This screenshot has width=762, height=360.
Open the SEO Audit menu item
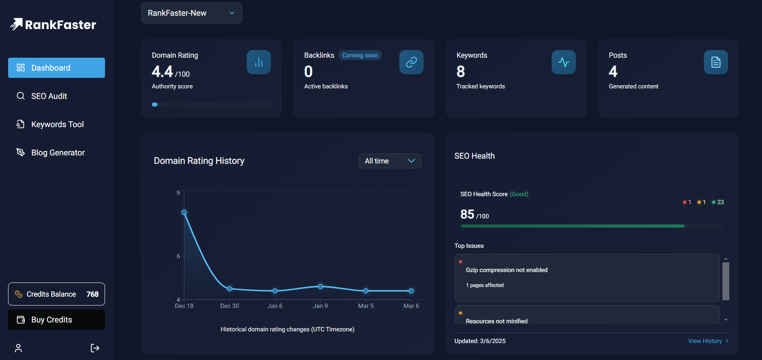coord(49,96)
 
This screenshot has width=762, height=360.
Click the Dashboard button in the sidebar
coord(57,68)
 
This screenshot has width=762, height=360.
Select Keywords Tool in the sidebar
coord(57,124)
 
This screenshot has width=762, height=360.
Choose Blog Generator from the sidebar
coord(58,153)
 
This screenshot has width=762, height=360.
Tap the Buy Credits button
coord(57,320)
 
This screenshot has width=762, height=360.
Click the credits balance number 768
coord(92,294)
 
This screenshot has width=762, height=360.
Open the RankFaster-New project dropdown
coord(191,13)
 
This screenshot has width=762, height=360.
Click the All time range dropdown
coord(390,161)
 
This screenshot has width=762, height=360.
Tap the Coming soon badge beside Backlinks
coord(360,55)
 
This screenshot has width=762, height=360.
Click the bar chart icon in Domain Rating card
coord(259,62)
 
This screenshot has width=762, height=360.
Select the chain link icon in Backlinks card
coord(411,62)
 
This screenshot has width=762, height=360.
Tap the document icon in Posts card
coord(716,62)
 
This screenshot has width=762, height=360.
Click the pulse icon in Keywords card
coord(563,62)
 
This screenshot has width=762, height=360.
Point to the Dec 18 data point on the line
coord(184,213)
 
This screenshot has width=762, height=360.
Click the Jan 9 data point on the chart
coord(320,287)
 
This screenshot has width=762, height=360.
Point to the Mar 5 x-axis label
coord(366,306)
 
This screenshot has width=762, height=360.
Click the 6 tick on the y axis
coord(178,256)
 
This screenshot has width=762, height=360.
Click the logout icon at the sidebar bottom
coord(95,348)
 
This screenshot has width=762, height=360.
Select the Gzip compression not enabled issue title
coord(506,270)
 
